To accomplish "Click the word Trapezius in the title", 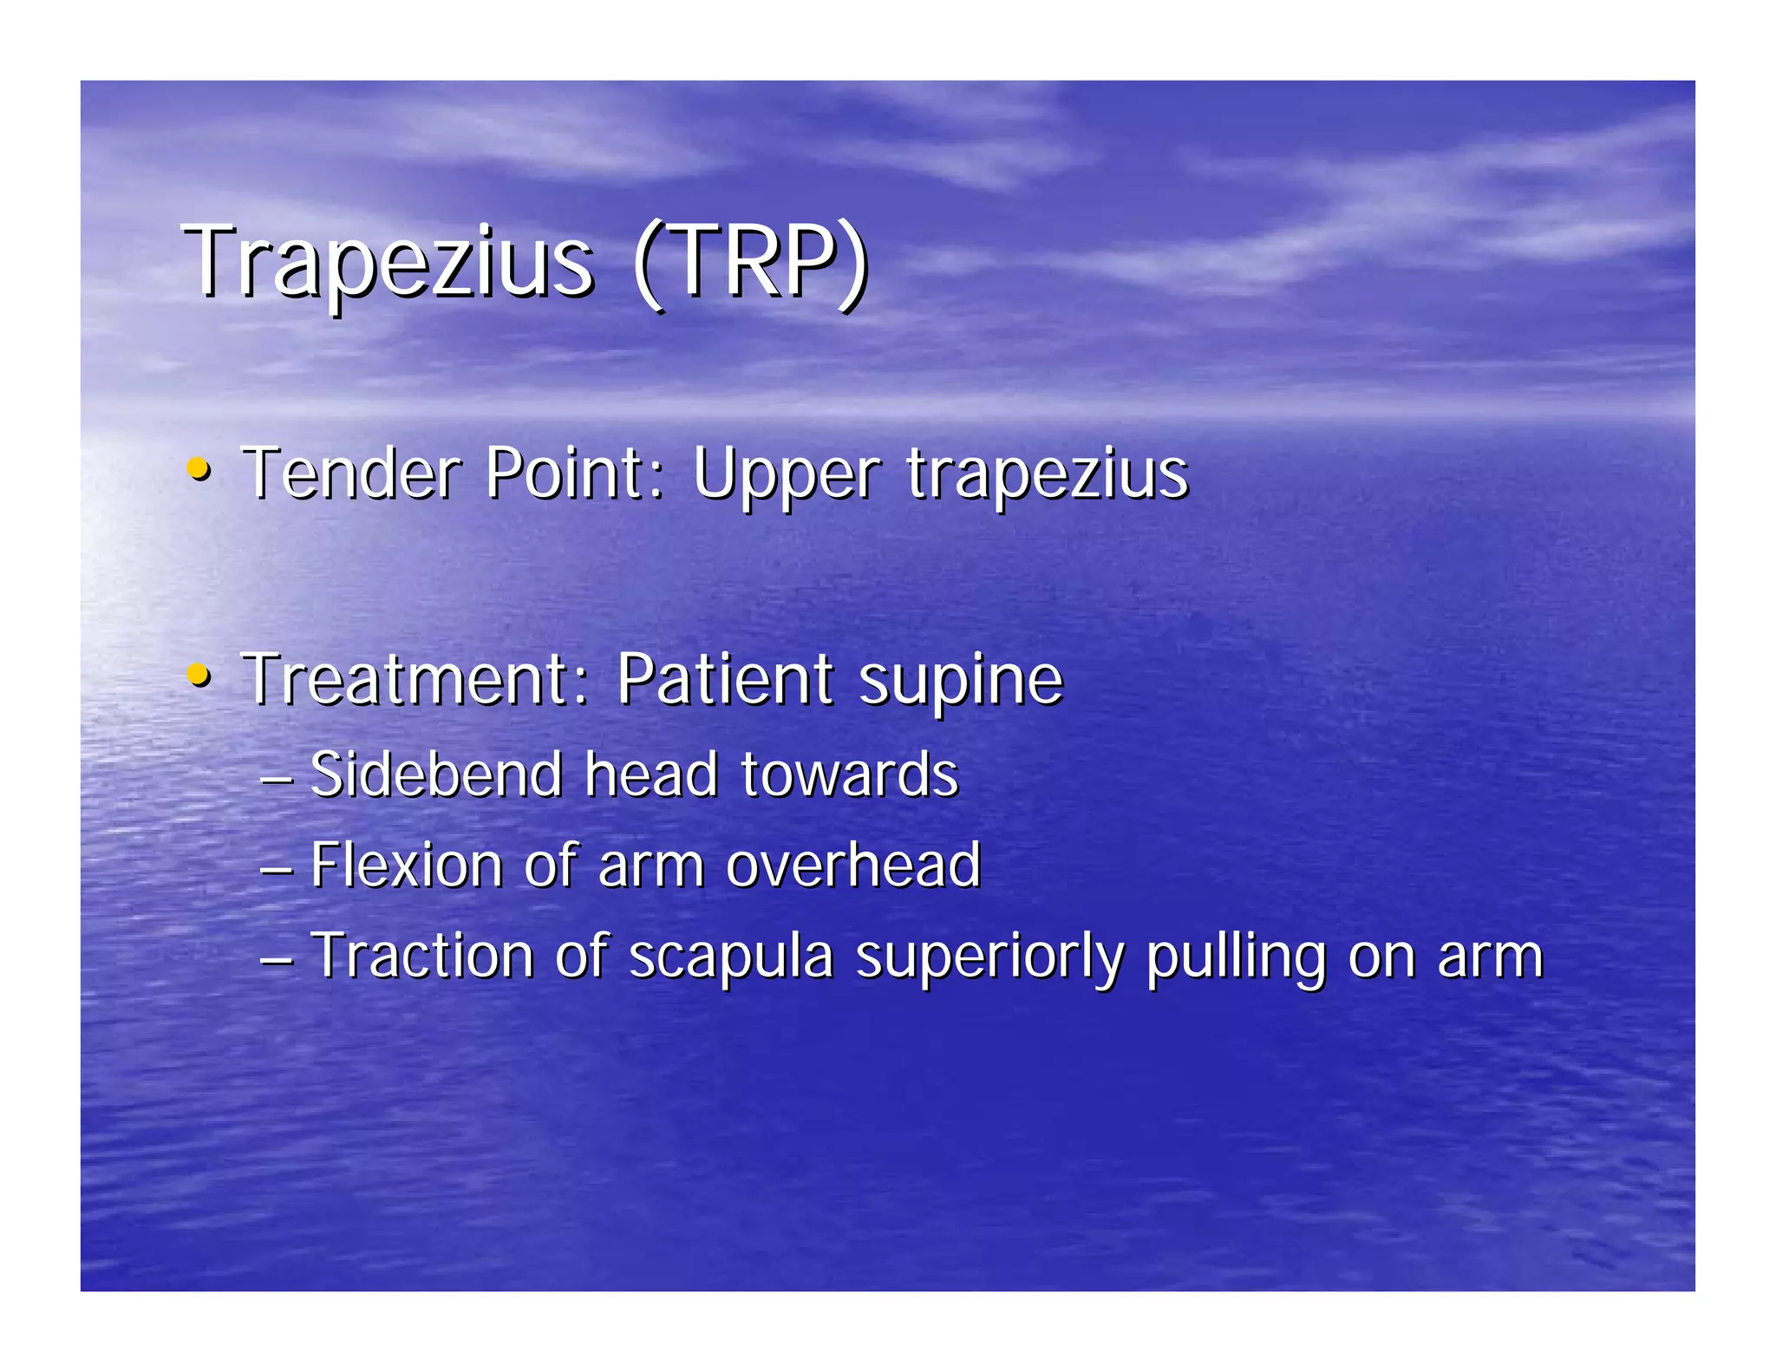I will point(388,262).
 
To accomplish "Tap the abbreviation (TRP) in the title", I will point(751,262).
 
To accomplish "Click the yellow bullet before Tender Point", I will point(199,469).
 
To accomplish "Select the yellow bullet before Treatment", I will point(199,674).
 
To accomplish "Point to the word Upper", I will point(787,475).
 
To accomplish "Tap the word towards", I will point(850,774).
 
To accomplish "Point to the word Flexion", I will point(407,865).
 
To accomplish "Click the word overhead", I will point(853,865).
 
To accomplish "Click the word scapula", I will point(730,957).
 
